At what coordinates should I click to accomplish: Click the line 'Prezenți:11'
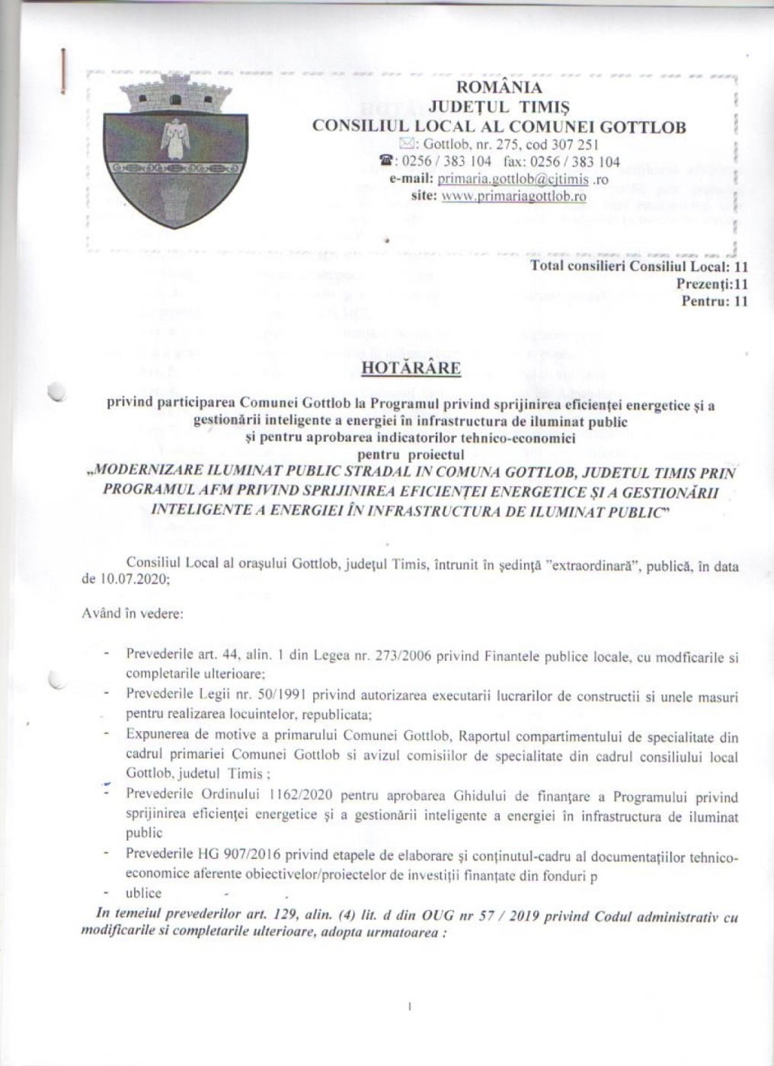pyautogui.click(x=712, y=284)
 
